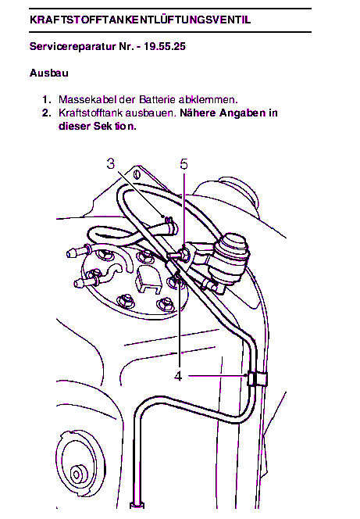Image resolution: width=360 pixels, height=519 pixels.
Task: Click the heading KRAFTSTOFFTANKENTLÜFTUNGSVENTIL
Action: pos(140,20)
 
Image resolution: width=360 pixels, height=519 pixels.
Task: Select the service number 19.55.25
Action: pos(165,46)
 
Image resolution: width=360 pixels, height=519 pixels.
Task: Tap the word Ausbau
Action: pos(49,73)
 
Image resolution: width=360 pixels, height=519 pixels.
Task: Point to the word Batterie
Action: pos(157,99)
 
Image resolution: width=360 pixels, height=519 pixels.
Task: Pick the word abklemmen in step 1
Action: pos(207,99)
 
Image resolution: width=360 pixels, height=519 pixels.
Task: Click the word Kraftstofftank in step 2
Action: pos(90,113)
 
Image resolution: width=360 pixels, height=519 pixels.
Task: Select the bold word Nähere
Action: pos(198,113)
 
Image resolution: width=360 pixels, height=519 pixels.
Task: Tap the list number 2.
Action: pos(47,113)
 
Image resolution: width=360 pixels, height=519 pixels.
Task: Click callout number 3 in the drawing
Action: pos(111,164)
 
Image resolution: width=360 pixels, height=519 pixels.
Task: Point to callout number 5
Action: pos(184,164)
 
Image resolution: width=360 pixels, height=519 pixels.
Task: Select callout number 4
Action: pos(178,376)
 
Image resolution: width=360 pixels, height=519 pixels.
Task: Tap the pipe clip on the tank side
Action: pos(257,379)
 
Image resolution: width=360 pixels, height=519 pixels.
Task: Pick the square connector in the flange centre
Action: pos(148,279)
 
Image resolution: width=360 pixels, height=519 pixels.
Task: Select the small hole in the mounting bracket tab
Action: pos(137,174)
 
